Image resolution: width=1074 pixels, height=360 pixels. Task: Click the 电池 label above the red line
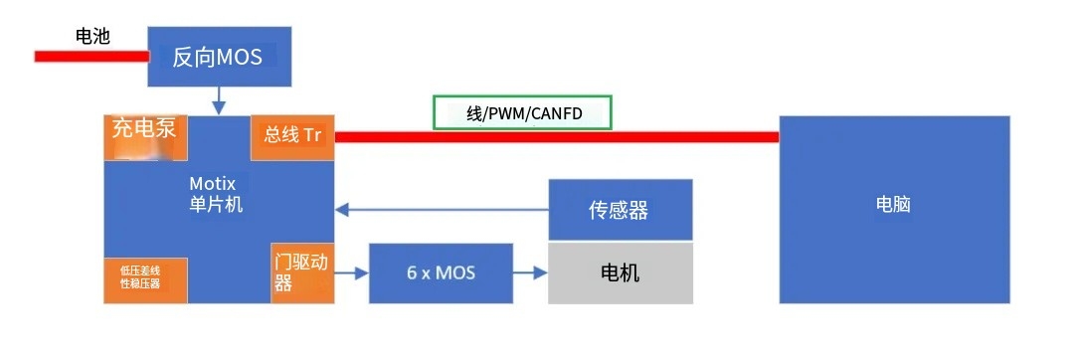(92, 37)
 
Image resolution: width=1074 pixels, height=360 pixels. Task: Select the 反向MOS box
(218, 57)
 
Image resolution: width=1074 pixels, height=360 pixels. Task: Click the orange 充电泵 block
(144, 137)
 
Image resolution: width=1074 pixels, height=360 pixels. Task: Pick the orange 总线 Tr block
(292, 136)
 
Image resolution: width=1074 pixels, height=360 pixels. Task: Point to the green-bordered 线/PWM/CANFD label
(522, 113)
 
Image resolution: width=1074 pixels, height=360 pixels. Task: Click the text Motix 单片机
(216, 195)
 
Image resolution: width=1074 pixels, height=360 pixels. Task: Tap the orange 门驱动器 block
(300, 271)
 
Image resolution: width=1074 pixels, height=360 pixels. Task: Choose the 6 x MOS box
(441, 272)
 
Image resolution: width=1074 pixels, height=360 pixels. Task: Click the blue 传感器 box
(621, 210)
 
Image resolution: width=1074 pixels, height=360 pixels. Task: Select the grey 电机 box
(621, 272)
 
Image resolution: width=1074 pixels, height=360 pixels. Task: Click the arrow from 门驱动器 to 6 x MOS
(350, 272)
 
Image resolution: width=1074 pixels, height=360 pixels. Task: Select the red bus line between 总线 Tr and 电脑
(557, 136)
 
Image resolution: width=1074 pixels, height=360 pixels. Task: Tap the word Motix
(212, 184)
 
